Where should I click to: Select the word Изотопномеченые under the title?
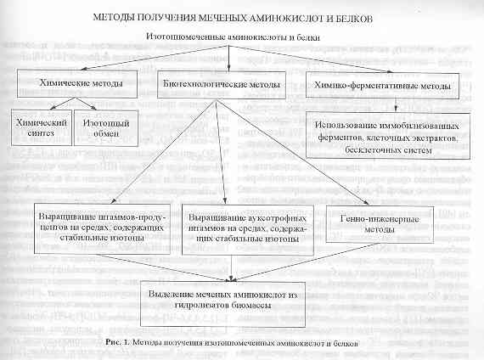[x=186, y=37]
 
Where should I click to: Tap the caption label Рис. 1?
[x=118, y=342]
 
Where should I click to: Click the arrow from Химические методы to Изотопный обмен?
[x=86, y=104]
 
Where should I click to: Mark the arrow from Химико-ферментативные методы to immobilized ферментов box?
[x=396, y=105]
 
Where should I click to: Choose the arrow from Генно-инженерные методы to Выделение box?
[x=307, y=262]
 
